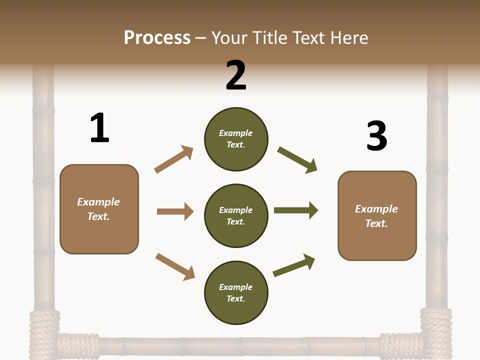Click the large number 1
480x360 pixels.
[99, 128]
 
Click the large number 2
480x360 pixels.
[236, 75]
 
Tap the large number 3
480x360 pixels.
[376, 136]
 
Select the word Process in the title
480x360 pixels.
[157, 37]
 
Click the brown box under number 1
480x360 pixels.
[99, 209]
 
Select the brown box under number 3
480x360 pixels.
[377, 215]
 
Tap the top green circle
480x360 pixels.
[236, 139]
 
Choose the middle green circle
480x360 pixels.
[236, 216]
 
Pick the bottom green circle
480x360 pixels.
[236, 293]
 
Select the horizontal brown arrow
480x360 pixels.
[175, 211]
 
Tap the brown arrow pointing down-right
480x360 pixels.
[175, 266]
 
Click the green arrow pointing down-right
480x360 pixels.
[297, 160]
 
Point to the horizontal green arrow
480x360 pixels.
[296, 210]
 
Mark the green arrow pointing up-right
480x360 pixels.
[294, 265]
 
